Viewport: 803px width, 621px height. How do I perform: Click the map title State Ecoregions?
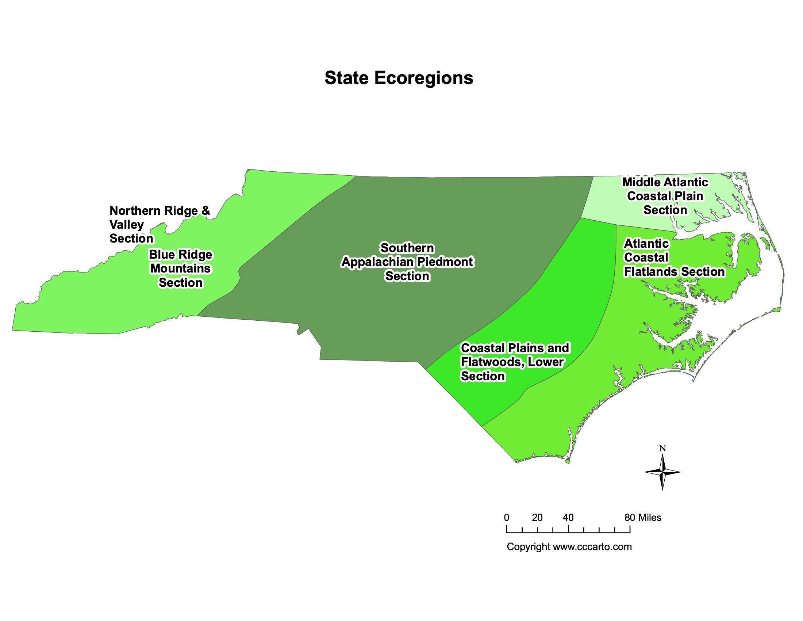point(399,78)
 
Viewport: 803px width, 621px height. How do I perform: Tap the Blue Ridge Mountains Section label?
point(180,268)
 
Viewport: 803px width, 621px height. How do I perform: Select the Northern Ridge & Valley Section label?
point(160,224)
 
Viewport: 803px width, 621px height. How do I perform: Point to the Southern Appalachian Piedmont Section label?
point(407,262)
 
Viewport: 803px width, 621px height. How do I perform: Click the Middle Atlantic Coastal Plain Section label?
point(665,196)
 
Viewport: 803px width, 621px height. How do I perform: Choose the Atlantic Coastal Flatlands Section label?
point(674,258)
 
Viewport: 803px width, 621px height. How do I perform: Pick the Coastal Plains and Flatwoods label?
point(514,362)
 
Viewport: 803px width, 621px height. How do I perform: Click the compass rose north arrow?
point(662,472)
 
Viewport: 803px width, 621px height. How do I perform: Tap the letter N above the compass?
point(662,448)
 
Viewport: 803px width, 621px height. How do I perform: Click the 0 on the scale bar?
point(506,518)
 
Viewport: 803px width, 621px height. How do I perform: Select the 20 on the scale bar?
point(537,518)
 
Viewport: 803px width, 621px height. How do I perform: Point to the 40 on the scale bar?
point(568,518)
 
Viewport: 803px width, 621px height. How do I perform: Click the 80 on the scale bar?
point(630,518)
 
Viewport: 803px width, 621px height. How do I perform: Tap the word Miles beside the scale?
point(650,518)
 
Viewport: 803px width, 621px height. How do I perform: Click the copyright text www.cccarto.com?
point(592,547)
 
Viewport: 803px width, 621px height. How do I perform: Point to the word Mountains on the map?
point(180,268)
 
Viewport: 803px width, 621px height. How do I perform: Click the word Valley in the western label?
point(127,224)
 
